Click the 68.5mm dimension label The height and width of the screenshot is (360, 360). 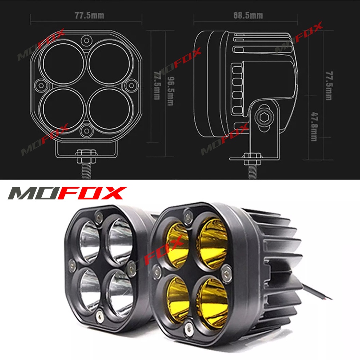(248, 15)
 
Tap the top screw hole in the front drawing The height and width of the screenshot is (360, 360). (86, 40)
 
